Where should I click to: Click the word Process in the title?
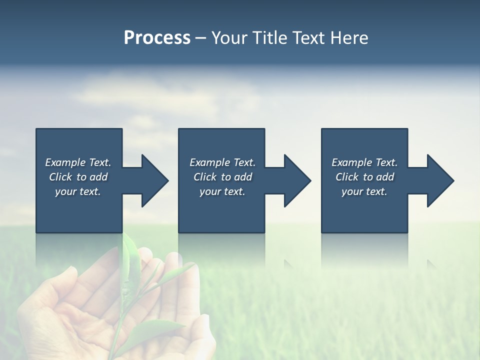pos(157,37)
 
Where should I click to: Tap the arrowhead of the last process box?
pos(439,180)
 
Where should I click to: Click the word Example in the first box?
pos(65,162)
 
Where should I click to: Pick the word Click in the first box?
pos(61,177)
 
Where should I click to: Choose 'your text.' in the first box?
pos(78,191)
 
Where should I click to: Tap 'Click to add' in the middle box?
pos(222,177)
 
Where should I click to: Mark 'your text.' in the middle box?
pos(222,191)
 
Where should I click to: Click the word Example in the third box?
pos(352,162)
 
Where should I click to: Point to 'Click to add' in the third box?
pos(364,177)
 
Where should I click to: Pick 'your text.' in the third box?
pos(364,191)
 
